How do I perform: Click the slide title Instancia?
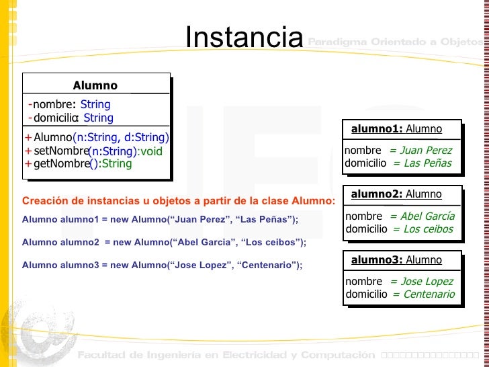pos(244,38)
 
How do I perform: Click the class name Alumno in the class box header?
pos(95,85)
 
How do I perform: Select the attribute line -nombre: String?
pos(70,104)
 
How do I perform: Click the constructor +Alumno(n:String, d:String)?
pos(96,138)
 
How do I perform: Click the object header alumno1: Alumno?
pos(396,129)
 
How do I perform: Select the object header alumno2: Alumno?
pos(396,194)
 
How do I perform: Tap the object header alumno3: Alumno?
pos(396,260)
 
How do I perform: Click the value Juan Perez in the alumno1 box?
pos(424,151)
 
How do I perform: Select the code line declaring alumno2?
pos(164,242)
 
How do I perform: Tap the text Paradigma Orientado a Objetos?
pos(395,42)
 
